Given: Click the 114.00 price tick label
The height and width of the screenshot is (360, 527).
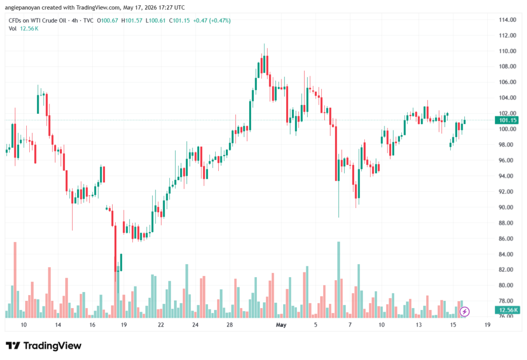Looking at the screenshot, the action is point(507,20).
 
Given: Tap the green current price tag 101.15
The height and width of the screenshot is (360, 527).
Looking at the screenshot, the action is point(507,120).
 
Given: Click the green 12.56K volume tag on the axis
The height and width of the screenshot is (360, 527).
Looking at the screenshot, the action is point(507,310).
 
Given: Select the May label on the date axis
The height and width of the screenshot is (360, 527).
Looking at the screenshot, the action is point(281,324).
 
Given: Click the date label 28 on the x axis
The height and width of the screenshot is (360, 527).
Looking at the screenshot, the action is point(230,324).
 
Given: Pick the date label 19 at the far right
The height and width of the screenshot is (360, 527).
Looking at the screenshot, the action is point(487,324).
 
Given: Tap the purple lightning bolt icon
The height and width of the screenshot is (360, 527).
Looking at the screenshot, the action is point(465,312).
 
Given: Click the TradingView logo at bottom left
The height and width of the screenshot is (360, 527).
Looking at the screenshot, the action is point(44,346).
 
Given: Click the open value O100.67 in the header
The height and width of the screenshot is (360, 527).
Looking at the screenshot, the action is point(107,21).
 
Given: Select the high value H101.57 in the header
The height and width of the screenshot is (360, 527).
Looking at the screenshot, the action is point(132,21).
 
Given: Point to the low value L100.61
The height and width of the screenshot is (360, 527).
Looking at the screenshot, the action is point(155,21).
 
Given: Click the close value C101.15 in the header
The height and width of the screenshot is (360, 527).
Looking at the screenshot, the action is point(179,21).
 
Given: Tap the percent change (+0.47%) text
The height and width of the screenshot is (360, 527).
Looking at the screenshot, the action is point(220,21).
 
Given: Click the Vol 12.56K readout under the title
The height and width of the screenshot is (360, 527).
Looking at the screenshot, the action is point(24,29).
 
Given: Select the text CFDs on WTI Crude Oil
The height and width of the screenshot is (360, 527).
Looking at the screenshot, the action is point(38,21).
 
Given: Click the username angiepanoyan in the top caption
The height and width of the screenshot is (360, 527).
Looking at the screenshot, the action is point(23,7).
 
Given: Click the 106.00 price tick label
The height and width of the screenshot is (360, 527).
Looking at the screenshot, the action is point(507,82).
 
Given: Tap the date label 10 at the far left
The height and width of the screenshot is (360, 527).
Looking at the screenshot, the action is point(24,324).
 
